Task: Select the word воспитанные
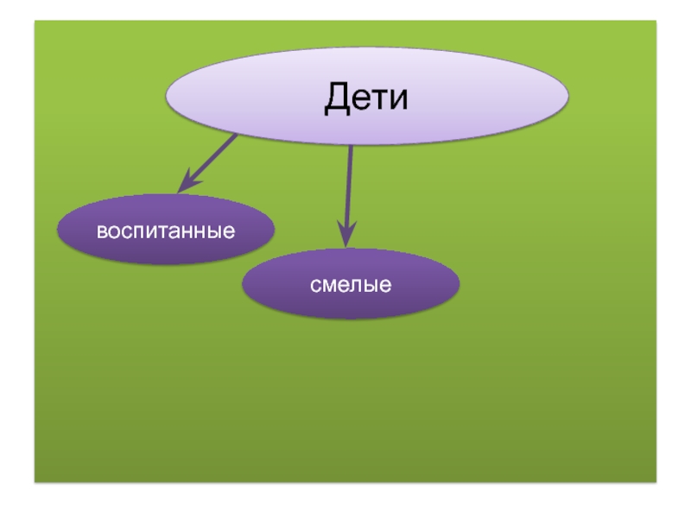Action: (166, 231)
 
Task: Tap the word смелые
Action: (352, 284)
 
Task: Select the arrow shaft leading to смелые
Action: (349, 186)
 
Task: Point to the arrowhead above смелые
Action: (346, 237)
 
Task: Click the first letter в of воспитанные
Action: (100, 232)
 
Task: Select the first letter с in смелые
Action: (316, 285)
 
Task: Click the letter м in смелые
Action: (329, 285)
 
